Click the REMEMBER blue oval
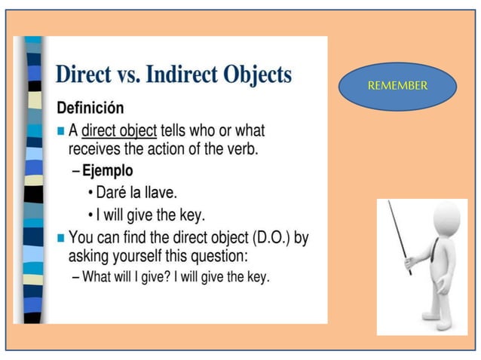pyautogui.click(x=397, y=86)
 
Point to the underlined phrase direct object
pyautogui.click(x=119, y=130)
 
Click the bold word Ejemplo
pyautogui.click(x=107, y=170)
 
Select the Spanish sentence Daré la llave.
pyautogui.click(x=136, y=192)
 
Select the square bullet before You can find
pyautogui.click(x=61, y=238)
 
